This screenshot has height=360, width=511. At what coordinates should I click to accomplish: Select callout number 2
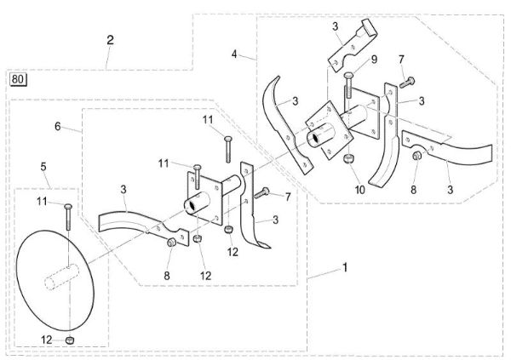click(110, 40)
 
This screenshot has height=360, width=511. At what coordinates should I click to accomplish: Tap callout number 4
click(234, 54)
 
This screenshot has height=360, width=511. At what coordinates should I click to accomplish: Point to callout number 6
click(57, 126)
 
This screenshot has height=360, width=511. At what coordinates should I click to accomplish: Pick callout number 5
click(43, 167)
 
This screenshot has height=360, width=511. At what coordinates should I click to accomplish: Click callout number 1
click(345, 267)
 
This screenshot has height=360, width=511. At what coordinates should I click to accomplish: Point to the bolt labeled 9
click(348, 86)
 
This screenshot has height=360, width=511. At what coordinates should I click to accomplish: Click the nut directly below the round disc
click(72, 340)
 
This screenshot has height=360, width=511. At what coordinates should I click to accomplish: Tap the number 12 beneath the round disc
click(48, 340)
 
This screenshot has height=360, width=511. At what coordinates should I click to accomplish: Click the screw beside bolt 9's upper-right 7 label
click(407, 81)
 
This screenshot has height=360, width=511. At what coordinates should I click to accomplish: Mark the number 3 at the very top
click(336, 26)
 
